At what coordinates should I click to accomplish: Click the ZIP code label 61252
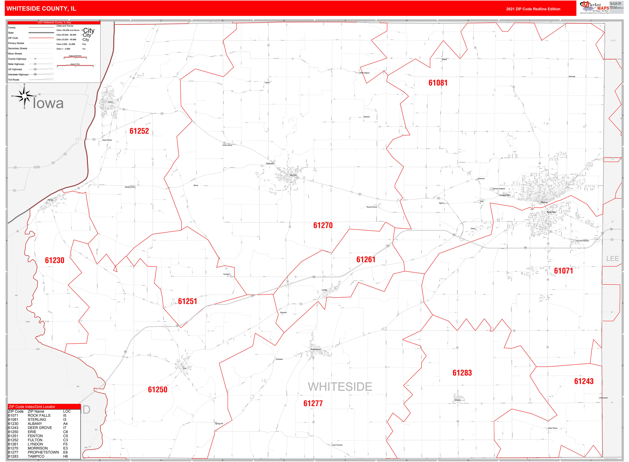139,131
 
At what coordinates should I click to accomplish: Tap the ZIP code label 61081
438,83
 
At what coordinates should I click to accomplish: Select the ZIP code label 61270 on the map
323,225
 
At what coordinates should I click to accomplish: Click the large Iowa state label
48,103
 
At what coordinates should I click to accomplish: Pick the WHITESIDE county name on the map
340,387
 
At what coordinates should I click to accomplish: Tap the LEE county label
612,259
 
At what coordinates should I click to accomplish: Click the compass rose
24,96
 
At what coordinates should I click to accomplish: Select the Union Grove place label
227,145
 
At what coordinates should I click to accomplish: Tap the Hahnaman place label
603,398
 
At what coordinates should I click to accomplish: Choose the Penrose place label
572,76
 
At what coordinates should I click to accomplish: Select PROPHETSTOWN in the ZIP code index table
43,452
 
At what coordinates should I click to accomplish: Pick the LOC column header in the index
67,411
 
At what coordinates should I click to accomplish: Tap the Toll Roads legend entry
14,80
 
